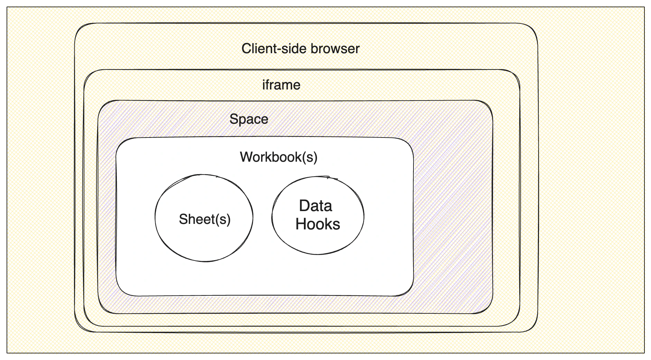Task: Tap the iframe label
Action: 281,85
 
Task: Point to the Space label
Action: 249,119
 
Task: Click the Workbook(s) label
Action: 278,157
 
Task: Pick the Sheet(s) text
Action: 204,219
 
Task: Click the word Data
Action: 315,206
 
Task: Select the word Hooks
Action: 318,224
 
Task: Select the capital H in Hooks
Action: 301,224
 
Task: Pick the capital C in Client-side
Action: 246,49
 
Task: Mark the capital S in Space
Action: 233,119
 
